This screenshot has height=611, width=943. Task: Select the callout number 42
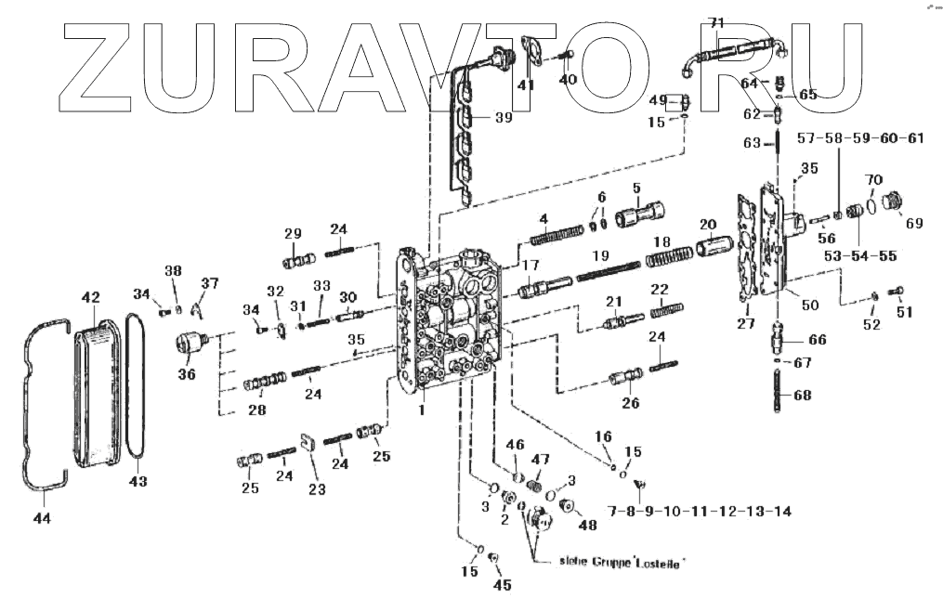90,298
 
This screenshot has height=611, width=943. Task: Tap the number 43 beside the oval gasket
138,481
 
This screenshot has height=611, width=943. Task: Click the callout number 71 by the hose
716,22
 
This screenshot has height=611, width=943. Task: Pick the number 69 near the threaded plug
914,223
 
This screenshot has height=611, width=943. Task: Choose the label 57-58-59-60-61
861,138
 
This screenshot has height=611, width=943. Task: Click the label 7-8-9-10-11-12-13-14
701,512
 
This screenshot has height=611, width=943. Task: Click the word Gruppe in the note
614,562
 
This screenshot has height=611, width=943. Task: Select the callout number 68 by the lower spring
802,396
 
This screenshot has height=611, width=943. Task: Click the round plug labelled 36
189,344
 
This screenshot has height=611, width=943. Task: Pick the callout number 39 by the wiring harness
503,118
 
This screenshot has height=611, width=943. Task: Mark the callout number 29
294,233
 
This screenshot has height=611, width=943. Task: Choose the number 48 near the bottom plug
588,526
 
